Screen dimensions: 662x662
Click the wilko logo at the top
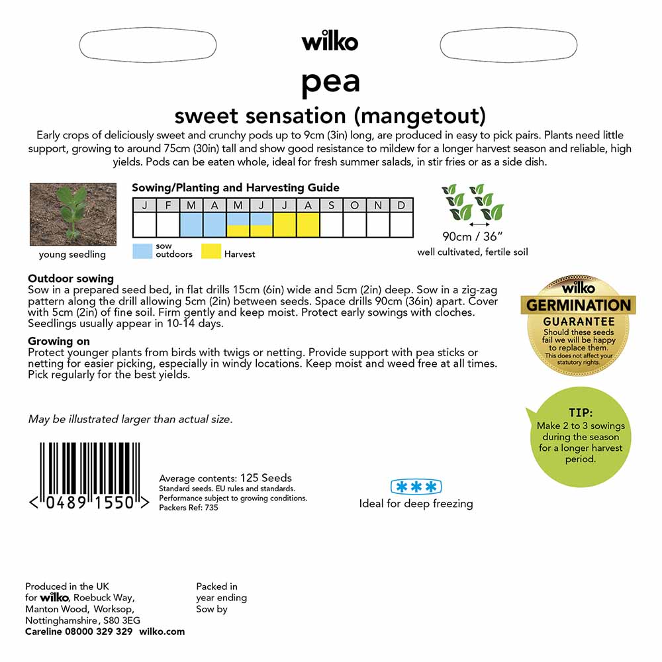330,42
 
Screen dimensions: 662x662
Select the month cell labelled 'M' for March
191,205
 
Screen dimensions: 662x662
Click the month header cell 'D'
401,205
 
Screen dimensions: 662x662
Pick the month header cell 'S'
332,205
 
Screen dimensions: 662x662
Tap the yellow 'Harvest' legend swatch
211,250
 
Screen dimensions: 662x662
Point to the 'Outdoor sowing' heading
71,279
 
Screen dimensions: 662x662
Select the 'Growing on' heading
59,342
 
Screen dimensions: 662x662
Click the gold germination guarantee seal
578,324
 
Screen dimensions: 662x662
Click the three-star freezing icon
416,487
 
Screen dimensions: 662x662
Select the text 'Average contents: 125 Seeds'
225,478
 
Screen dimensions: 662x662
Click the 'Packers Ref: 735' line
189,508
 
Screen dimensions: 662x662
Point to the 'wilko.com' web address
162,632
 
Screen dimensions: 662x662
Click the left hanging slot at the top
148,45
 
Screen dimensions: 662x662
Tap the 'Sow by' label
212,609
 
